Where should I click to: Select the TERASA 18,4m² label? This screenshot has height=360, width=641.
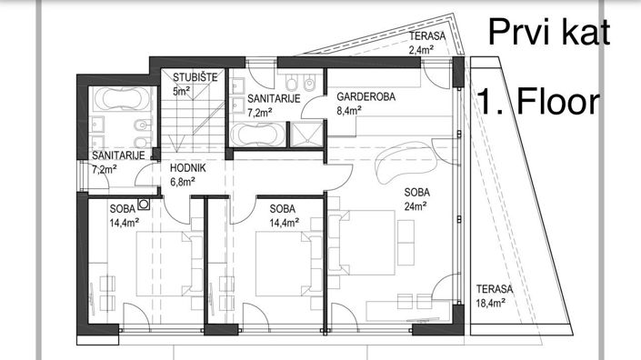pos(494,296)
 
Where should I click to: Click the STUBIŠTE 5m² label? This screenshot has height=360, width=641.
pos(195,85)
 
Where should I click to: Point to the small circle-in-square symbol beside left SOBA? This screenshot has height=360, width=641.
pos(143,204)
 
